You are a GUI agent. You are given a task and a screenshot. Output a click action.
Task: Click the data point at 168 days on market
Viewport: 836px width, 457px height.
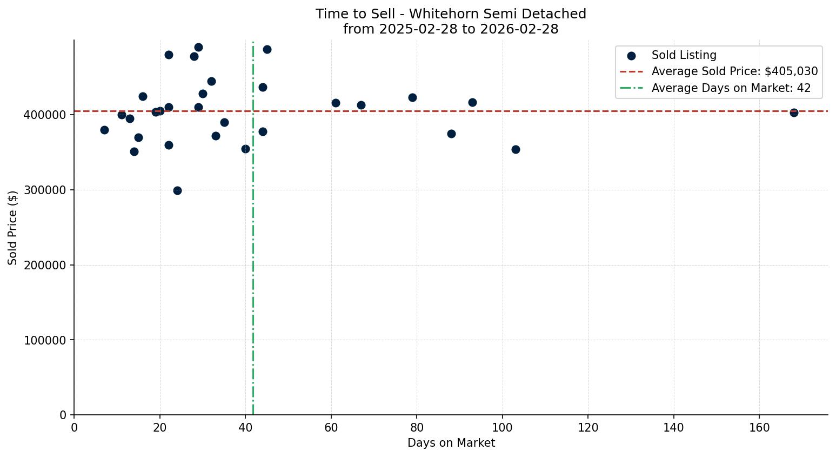(x=794, y=112)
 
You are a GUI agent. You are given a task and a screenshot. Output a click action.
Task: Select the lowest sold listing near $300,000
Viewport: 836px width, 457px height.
(x=177, y=190)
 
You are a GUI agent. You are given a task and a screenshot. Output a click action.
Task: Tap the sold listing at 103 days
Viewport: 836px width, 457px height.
(x=516, y=149)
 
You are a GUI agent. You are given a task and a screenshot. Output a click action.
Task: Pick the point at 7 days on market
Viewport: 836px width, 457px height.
(x=104, y=130)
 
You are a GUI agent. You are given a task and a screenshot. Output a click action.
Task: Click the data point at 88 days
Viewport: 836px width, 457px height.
(x=451, y=134)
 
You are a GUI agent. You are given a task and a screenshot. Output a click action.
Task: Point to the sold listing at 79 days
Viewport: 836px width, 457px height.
(x=412, y=97)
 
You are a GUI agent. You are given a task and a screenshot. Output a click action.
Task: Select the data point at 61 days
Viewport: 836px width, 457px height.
(x=336, y=103)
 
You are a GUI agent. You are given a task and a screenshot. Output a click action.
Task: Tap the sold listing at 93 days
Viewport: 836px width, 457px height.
(x=472, y=102)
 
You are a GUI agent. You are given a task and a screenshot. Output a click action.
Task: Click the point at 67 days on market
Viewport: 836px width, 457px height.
(x=361, y=105)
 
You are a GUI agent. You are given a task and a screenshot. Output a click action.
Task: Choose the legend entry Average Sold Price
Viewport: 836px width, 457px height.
(x=734, y=71)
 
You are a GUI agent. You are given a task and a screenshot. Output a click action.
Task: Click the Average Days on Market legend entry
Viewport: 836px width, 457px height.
(x=731, y=88)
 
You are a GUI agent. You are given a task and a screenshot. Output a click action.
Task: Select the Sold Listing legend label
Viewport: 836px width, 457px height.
(x=684, y=55)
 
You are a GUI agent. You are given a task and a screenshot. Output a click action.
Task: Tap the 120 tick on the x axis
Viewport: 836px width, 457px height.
(x=588, y=428)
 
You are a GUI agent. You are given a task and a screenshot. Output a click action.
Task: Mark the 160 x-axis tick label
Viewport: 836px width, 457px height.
(x=759, y=428)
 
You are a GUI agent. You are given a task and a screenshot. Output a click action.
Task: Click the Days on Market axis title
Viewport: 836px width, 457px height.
(x=451, y=443)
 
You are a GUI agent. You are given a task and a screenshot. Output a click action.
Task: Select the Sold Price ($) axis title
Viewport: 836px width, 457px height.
(x=13, y=228)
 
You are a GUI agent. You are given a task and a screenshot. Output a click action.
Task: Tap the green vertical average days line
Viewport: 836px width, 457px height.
(x=253, y=270)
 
